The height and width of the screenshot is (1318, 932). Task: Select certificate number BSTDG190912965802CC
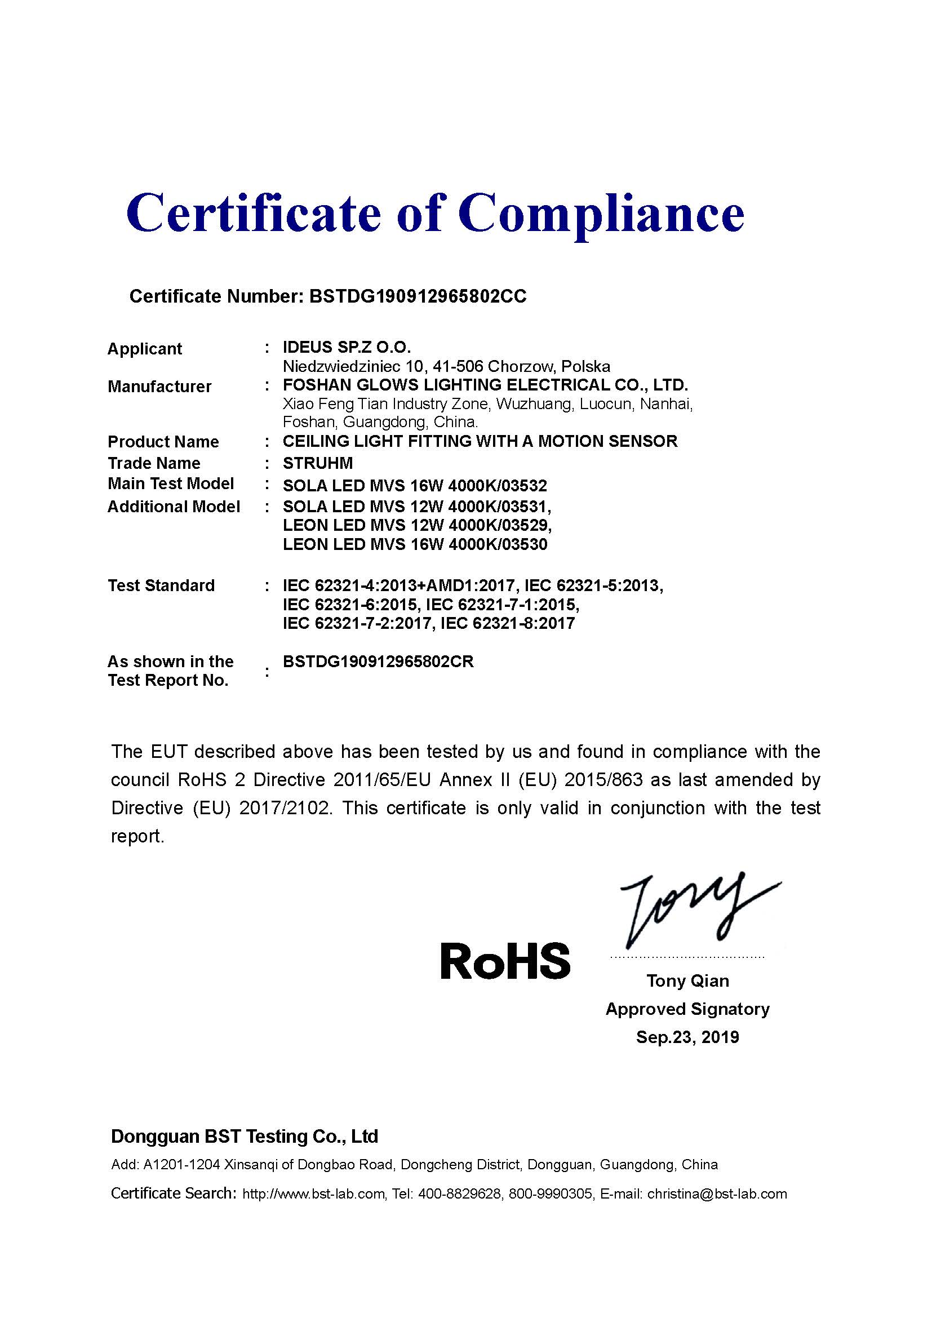(417, 296)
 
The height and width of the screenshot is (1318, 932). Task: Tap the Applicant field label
(145, 349)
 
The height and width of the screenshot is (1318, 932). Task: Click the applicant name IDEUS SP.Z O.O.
(347, 347)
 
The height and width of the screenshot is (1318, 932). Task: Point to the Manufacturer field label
(159, 387)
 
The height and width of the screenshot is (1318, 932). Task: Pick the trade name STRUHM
(317, 463)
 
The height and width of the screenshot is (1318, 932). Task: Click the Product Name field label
(163, 442)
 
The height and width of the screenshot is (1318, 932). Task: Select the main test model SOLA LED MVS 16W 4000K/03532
(414, 486)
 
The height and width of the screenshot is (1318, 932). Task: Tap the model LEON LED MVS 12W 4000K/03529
(416, 525)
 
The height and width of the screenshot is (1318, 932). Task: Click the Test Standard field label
(161, 585)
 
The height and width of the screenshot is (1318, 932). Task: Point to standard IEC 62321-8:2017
(507, 623)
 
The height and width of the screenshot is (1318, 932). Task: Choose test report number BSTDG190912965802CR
(378, 662)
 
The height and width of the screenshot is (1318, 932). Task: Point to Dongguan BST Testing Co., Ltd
(245, 1136)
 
